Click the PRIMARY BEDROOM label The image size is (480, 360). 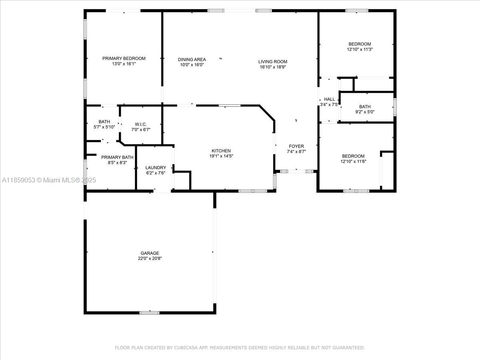pos(124,58)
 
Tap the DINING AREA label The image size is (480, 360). pos(192,60)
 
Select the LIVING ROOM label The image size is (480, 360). pos(273,62)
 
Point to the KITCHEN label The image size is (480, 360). pos(221,151)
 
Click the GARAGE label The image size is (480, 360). pos(150,253)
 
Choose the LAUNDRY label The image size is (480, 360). pos(156,168)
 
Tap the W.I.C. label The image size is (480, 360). pos(141,124)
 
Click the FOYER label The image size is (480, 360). pos(296,146)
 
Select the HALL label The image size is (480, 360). pos(329,99)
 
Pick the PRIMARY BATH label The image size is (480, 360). pos(117,157)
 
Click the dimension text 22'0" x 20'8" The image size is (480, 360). pos(150,258)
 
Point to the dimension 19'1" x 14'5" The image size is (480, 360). pos(221,156)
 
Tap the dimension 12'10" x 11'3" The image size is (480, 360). pos(360,49)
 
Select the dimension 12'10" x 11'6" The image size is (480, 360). pos(353,162)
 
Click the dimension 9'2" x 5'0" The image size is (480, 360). pos(365,112)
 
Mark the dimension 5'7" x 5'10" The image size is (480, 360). pos(104,127)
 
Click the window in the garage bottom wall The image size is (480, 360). pos(150,313)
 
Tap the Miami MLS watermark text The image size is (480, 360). pos(49,180)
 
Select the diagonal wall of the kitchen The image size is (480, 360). pos(267,113)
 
